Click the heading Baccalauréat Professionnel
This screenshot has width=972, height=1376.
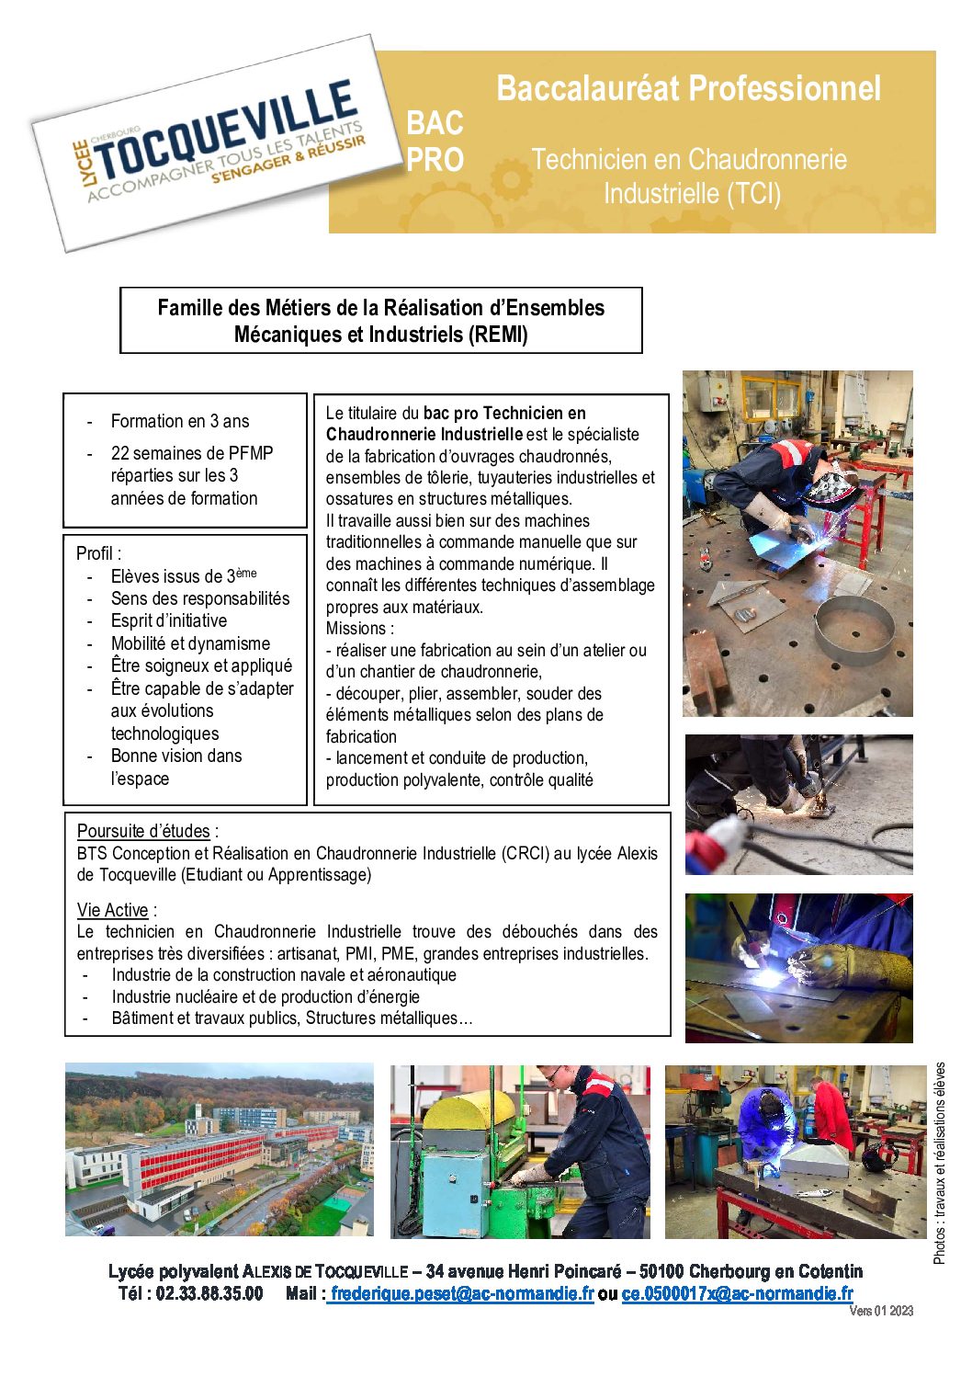(688, 89)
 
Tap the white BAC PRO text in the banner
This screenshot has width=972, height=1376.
(435, 141)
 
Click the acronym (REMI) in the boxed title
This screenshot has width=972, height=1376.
(498, 335)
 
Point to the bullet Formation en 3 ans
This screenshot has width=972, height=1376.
(180, 421)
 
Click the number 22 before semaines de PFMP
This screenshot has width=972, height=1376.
(119, 453)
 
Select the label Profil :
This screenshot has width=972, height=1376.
(98, 553)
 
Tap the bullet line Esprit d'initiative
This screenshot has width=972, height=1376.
(169, 620)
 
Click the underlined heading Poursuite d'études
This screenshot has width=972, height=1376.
(143, 831)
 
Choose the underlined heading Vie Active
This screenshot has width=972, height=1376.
(112, 910)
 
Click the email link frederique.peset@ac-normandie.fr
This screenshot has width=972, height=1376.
(462, 1293)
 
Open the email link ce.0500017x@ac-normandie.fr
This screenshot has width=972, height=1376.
(737, 1293)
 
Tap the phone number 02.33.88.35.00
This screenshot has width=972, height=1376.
(209, 1293)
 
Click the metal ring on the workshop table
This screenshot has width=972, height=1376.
(854, 628)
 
